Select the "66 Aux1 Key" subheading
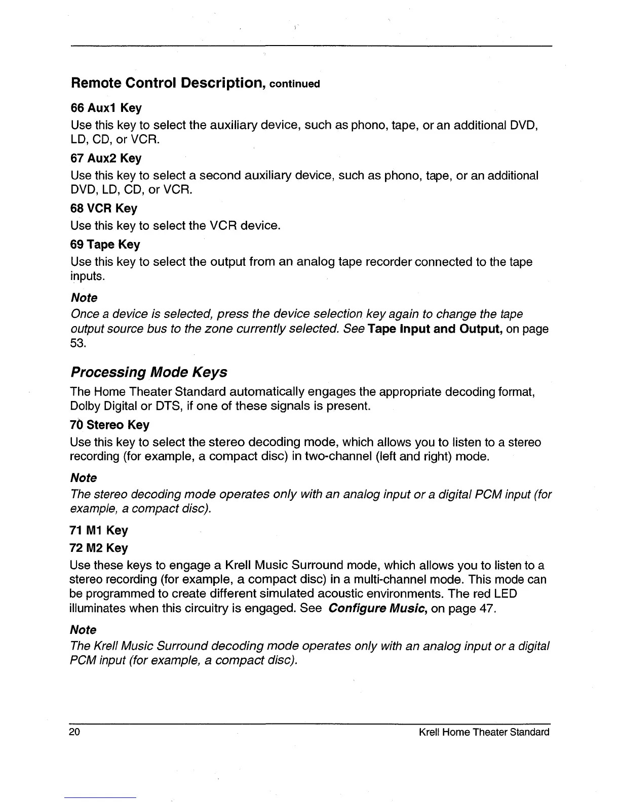click(x=106, y=108)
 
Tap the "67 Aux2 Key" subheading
click(x=106, y=158)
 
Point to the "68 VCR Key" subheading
click(x=103, y=209)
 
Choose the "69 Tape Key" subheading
click(x=105, y=245)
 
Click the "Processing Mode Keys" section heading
click(x=148, y=373)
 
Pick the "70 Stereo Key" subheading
click(x=109, y=425)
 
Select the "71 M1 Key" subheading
click(x=99, y=531)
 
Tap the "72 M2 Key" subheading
click(x=99, y=548)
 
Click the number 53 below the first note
click(x=79, y=344)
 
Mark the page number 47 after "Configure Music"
click(x=485, y=608)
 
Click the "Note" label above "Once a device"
click(x=84, y=298)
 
